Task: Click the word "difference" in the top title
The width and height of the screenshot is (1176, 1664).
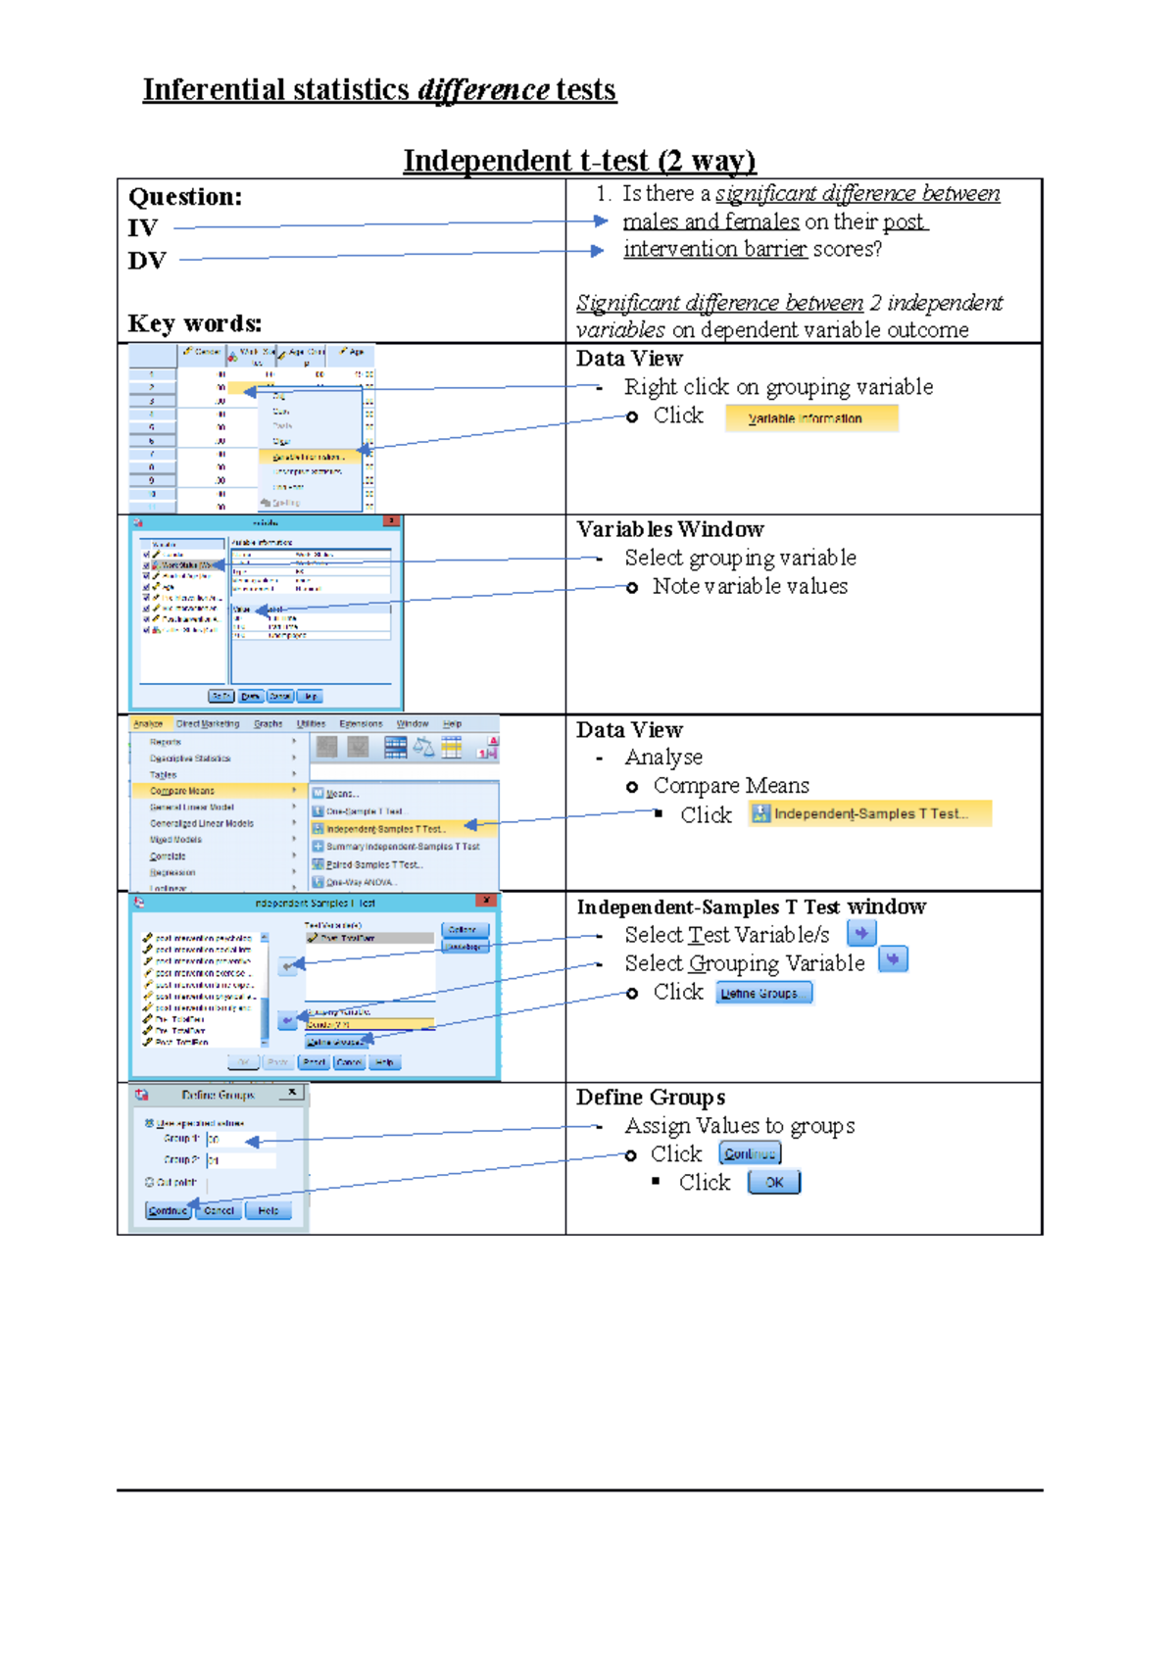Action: [483, 90]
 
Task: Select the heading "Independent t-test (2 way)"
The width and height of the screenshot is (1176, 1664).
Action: [579, 161]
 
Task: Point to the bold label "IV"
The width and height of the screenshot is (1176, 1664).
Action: [142, 228]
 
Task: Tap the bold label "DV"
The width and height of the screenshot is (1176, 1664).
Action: [146, 261]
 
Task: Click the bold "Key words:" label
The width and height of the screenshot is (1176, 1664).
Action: [194, 323]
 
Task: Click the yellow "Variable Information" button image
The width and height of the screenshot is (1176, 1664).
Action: [811, 418]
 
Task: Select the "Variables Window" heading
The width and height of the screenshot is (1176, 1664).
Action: [669, 530]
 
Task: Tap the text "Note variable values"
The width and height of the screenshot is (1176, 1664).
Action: [750, 586]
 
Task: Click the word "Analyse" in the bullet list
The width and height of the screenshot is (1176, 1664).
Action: [663, 758]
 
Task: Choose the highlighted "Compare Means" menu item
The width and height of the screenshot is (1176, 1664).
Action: [182, 791]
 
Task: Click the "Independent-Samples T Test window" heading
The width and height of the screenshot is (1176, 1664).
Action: [751, 907]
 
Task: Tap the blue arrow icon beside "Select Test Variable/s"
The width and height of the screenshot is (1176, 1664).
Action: [861, 934]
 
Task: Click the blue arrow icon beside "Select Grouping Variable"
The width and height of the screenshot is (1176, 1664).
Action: [893, 959]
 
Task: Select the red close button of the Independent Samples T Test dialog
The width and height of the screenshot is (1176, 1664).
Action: [487, 901]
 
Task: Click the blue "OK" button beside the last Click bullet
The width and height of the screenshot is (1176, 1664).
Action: [774, 1183]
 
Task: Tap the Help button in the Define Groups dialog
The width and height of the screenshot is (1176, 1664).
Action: [268, 1211]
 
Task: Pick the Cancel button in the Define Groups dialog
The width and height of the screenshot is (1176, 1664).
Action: [219, 1211]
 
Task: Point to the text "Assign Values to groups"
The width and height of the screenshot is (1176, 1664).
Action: [740, 1126]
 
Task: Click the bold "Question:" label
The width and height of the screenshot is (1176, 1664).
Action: [185, 197]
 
